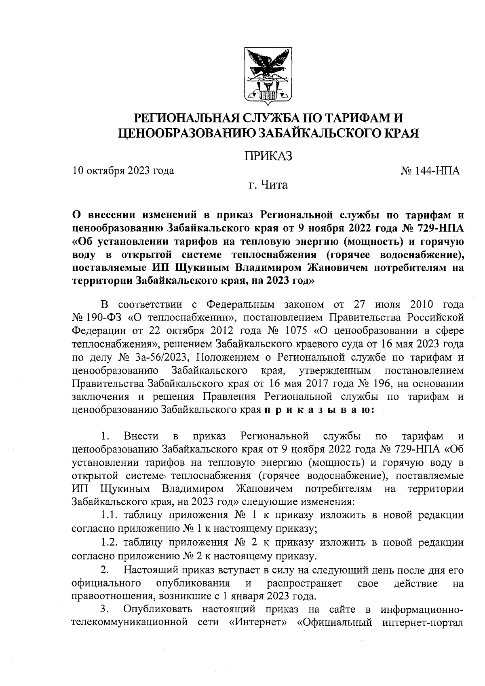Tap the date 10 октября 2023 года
tap(123, 170)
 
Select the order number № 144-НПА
tap(430, 170)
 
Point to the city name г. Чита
tap(268, 185)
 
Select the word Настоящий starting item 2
tap(150, 570)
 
